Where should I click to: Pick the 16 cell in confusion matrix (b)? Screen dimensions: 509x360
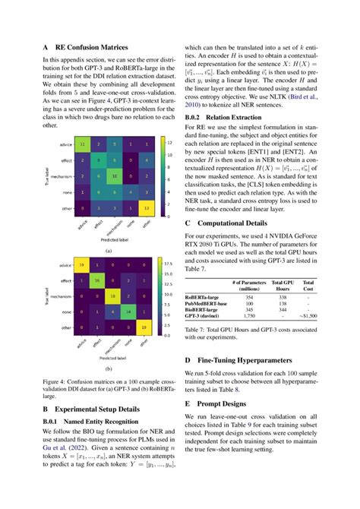pos(97,280)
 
